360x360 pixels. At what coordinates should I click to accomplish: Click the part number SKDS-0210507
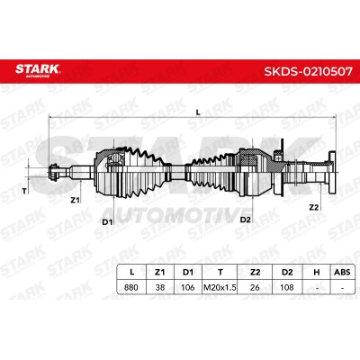(308, 72)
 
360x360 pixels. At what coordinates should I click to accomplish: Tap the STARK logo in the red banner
(38, 70)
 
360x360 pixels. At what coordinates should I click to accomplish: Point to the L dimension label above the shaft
(198, 112)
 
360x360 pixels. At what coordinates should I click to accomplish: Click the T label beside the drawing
(24, 191)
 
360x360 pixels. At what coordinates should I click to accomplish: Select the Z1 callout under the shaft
(75, 201)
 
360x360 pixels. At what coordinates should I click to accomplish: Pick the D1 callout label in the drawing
(107, 222)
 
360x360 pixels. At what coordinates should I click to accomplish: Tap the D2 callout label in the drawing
(245, 220)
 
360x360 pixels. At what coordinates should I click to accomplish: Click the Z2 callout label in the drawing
(313, 207)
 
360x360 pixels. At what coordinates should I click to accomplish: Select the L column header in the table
(131, 272)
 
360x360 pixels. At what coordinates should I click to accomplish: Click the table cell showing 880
(131, 287)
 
